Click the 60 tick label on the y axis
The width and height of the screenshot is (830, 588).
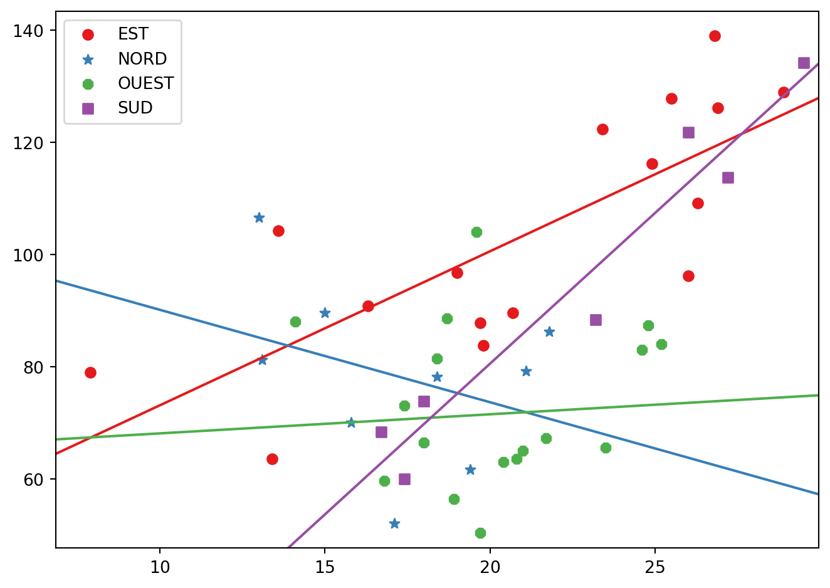tap(33, 480)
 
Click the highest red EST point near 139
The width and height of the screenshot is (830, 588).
tap(715, 36)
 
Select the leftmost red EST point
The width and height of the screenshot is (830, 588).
tap(90, 372)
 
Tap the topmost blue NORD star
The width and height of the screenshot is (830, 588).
tap(259, 218)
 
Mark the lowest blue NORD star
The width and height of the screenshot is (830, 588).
tap(394, 523)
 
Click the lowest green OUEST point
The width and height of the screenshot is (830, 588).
tap(480, 533)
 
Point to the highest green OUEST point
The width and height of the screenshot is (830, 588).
tap(476, 232)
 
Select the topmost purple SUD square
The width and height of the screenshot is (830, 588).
tap(804, 63)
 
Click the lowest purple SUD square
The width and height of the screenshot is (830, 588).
tap(404, 479)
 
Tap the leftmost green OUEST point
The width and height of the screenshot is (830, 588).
tap(295, 322)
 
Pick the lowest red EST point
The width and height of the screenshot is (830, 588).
tap(272, 459)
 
